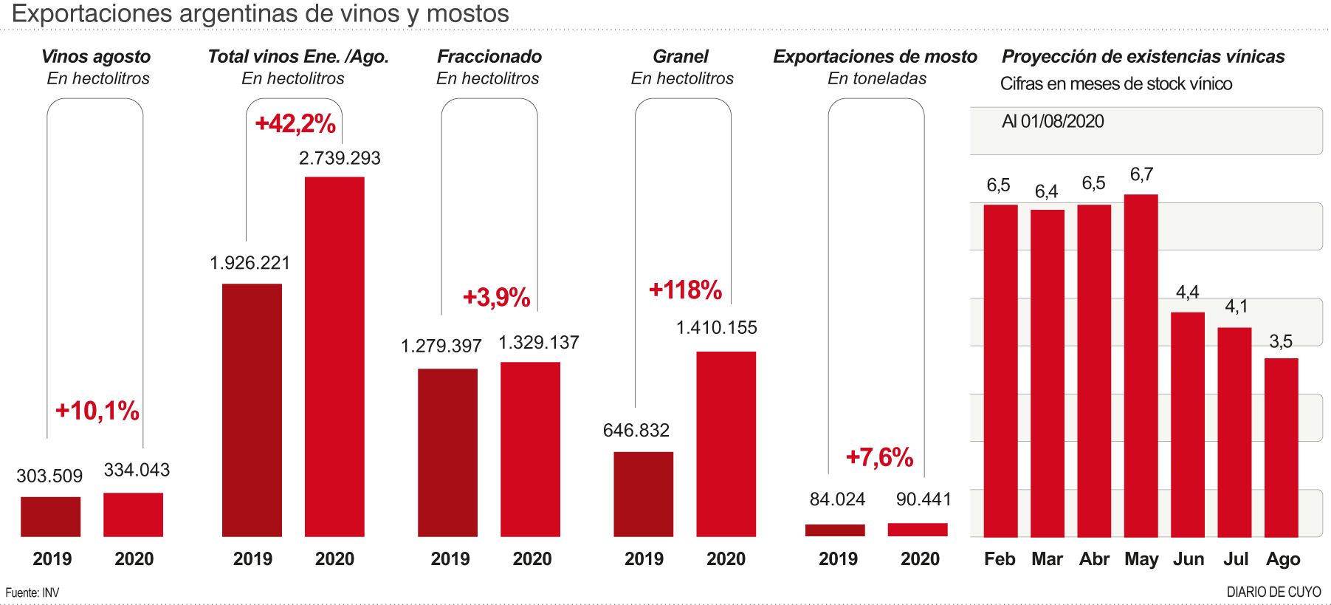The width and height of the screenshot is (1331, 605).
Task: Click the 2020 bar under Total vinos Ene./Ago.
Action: [x=334, y=357]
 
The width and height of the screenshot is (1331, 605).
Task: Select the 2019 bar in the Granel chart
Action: [x=643, y=493]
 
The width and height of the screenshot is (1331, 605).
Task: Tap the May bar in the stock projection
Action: [x=1141, y=366]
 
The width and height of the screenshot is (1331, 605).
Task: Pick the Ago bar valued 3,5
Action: [x=1281, y=447]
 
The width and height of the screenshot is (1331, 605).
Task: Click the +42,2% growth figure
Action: [x=295, y=123]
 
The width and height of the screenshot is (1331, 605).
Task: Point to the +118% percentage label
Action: [x=685, y=290]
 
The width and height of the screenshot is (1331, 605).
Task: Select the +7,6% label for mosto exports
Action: [x=879, y=457]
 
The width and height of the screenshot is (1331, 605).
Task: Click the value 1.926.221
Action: [x=250, y=263]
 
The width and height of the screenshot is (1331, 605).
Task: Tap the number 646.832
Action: [x=636, y=430]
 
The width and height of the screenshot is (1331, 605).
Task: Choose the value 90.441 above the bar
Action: [x=924, y=499]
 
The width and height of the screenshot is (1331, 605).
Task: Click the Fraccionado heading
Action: [x=489, y=56]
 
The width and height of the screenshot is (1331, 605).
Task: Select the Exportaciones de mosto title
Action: [x=875, y=56]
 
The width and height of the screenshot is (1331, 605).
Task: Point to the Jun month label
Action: [x=1189, y=559]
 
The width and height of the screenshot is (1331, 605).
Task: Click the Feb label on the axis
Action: [x=1000, y=559]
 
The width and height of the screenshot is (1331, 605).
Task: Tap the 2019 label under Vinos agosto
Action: [x=52, y=559]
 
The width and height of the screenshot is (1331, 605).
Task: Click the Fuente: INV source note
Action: [x=32, y=592]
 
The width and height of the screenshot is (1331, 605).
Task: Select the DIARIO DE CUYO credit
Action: [x=1273, y=592]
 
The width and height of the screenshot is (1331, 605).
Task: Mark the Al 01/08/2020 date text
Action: [x=1053, y=122]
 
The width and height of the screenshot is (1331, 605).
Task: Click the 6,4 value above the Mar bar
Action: [x=1046, y=192]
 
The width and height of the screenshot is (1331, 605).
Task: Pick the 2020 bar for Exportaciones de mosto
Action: [x=918, y=530]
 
